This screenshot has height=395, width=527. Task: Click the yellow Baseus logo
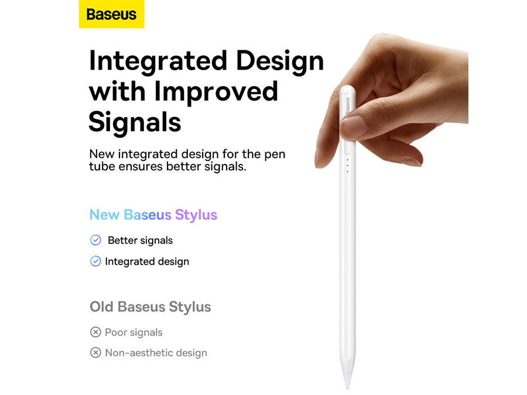pos(112,14)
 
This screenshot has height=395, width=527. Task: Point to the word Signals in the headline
pos(135,122)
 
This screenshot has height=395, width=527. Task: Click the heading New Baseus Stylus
pos(153,215)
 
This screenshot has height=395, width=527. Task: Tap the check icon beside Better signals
pos(95,240)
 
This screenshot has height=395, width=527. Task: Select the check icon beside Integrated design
pos(95,262)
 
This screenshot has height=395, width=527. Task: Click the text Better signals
pos(140,241)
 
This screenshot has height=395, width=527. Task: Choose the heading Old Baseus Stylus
pos(150,307)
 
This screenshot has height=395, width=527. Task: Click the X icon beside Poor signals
pos(95,332)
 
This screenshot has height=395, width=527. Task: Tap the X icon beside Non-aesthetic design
pos(95,353)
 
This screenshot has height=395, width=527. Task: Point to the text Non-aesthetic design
pos(156,353)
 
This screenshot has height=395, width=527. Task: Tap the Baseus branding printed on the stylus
pos(347,106)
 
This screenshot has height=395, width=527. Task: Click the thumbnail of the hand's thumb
pos(353,127)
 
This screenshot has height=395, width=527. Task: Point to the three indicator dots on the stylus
pos(347,166)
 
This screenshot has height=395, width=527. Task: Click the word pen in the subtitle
pos(275,154)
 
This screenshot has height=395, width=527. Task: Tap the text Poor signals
pos(134,332)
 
